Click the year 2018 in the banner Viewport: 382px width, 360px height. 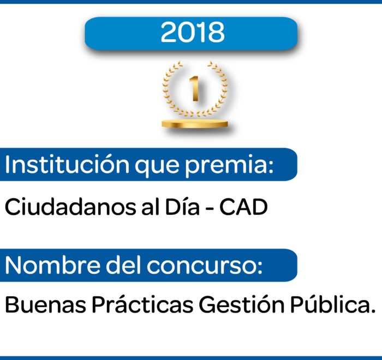(x=193, y=32)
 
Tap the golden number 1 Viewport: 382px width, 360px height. (x=195, y=88)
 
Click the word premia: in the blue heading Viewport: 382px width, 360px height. (x=229, y=166)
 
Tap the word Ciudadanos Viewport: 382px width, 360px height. (x=70, y=207)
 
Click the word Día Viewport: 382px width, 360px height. (x=182, y=207)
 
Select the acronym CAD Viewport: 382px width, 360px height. (x=243, y=207)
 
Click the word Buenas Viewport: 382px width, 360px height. (x=45, y=304)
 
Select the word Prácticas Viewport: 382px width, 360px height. (x=142, y=304)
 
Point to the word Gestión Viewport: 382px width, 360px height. (x=242, y=304)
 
